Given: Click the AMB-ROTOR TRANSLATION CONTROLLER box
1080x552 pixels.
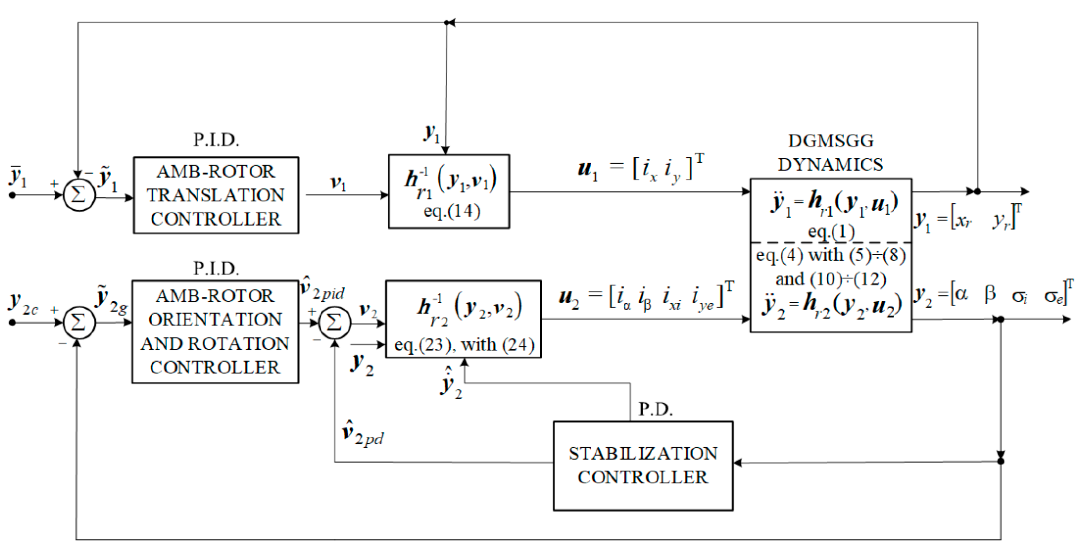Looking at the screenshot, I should pos(216,195).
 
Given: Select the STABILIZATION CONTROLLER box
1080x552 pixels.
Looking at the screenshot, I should pos(643,466).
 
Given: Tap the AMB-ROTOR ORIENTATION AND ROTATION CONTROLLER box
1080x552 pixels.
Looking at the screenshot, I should pos(215,332).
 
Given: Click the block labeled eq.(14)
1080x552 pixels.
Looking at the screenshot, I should pos(449,192).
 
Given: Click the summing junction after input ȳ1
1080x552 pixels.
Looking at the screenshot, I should pos(79,195).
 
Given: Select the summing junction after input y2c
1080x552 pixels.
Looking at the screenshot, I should pos(79,323).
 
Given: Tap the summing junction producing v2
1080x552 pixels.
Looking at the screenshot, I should pos(334,323).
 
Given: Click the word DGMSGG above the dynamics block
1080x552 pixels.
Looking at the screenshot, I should pos(830,141).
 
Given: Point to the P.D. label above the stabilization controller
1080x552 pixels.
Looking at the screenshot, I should pos(655,409).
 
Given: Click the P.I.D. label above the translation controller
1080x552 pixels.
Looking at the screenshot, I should pos(216,140).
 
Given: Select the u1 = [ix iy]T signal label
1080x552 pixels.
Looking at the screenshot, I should pos(640,169).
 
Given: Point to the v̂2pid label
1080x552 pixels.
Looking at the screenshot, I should pos(322,289).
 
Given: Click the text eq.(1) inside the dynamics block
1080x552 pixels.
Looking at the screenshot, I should pos(830,232).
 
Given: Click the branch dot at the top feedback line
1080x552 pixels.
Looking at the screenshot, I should pos(447,23).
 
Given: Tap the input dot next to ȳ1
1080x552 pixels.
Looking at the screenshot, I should pos(13,195).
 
